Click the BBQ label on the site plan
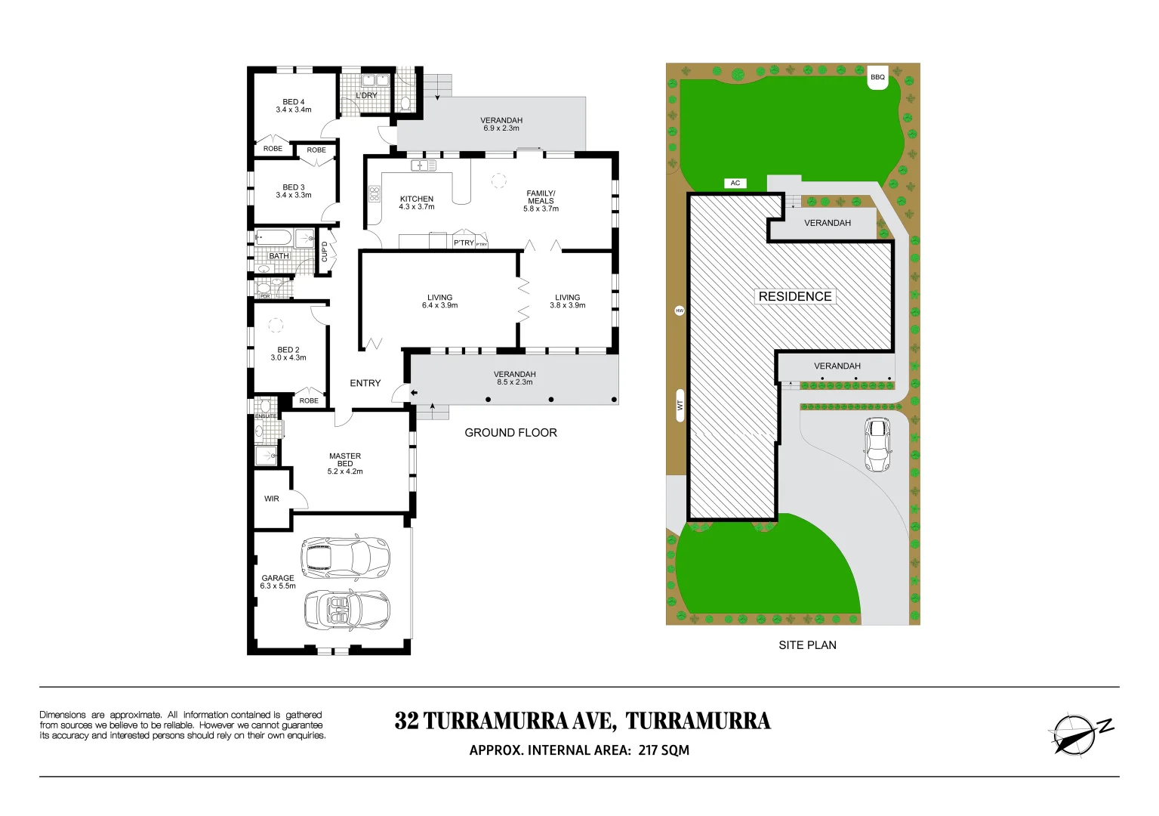[x=877, y=77]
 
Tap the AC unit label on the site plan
[x=735, y=183]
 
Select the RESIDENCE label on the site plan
[x=795, y=296]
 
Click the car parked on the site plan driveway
[x=877, y=445]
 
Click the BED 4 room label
[x=294, y=106]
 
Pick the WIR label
[x=272, y=499]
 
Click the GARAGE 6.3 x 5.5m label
[x=278, y=582]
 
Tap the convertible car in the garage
[x=347, y=610]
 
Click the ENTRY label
[x=365, y=383]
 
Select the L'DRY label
[x=366, y=96]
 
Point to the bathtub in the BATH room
[x=273, y=238]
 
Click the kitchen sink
[x=423, y=165]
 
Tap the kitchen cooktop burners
[x=375, y=193]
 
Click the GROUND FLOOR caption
[x=510, y=433]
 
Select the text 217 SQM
[x=664, y=750]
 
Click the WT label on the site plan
[x=680, y=406]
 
